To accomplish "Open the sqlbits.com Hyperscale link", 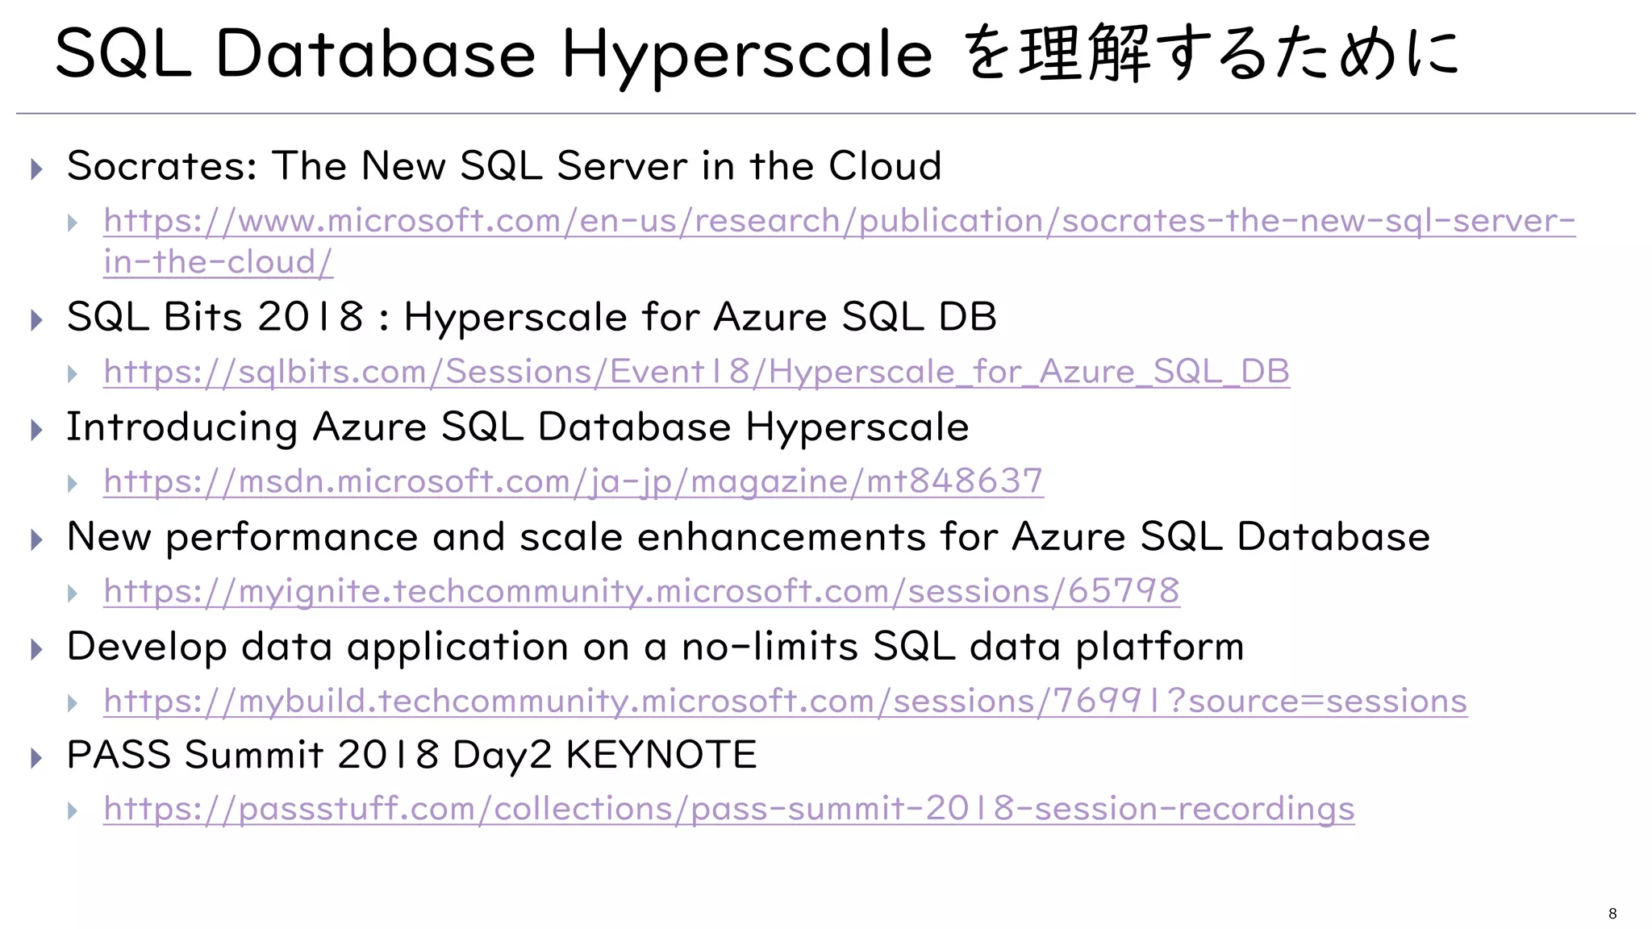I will click(x=696, y=372).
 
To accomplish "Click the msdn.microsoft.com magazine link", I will click(x=574, y=481).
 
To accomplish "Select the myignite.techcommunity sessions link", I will click(x=641, y=591).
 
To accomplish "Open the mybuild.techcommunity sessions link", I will click(x=785, y=701).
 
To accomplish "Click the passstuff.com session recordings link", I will click(x=728, y=809).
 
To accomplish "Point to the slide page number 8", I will click(x=1612, y=914).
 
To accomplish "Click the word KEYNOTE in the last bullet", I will click(x=661, y=756).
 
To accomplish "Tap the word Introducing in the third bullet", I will click(x=181, y=427).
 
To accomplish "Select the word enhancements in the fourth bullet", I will click(x=781, y=537).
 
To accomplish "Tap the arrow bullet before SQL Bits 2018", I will click(x=36, y=320).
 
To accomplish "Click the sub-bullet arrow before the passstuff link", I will click(x=73, y=810).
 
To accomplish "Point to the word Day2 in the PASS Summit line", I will click(x=502, y=756).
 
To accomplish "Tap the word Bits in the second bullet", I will click(x=202, y=317).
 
